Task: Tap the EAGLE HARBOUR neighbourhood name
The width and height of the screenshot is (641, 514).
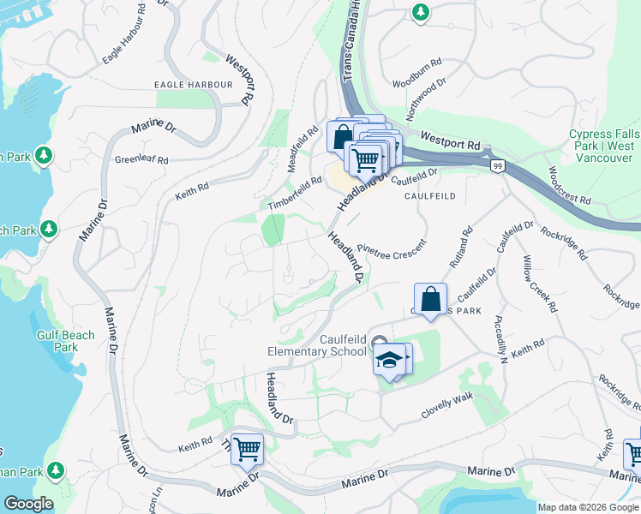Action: point(193,85)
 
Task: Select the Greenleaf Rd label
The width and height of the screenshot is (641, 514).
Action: point(142,159)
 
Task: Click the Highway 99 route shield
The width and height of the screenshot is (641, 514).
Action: point(496,164)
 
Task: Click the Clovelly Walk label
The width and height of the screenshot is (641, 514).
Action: point(446,406)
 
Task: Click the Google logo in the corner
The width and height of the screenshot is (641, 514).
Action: point(27,504)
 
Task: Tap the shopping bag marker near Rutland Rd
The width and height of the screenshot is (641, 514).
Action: point(431,301)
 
